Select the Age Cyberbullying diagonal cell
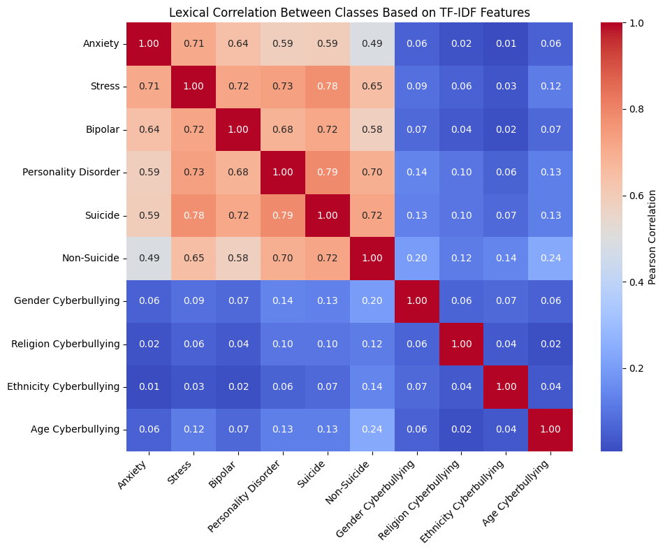click(x=550, y=430)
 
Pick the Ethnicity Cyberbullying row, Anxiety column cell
click(x=148, y=386)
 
